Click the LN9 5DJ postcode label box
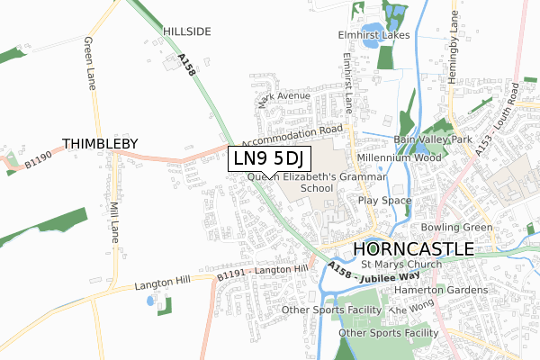pyautogui.click(x=271, y=159)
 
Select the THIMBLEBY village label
pyautogui.click(x=100, y=143)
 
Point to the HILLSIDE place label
pyautogui.click(x=187, y=31)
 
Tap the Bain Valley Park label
pyautogui.click(x=433, y=140)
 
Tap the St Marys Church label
pyautogui.click(x=401, y=265)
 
